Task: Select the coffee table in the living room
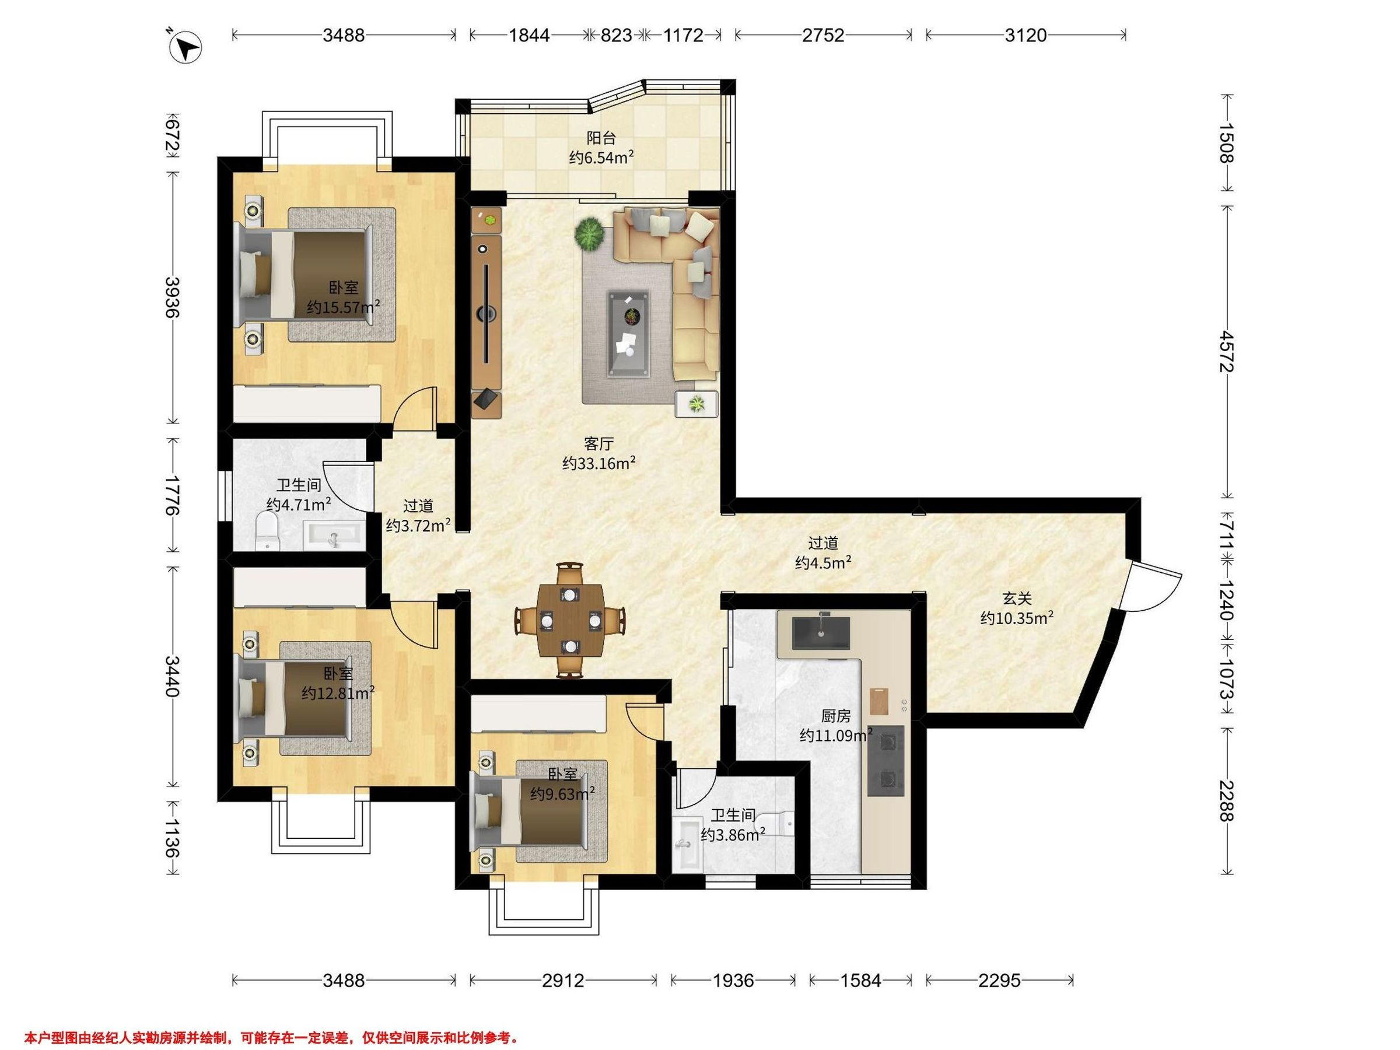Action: coord(628,334)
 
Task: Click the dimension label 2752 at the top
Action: coord(822,36)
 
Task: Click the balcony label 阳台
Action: coord(601,137)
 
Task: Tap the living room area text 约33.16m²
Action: coord(598,463)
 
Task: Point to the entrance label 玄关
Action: coord(1017,598)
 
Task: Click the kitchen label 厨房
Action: coord(835,716)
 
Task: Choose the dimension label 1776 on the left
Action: coord(171,494)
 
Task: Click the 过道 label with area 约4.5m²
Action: coord(822,552)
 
